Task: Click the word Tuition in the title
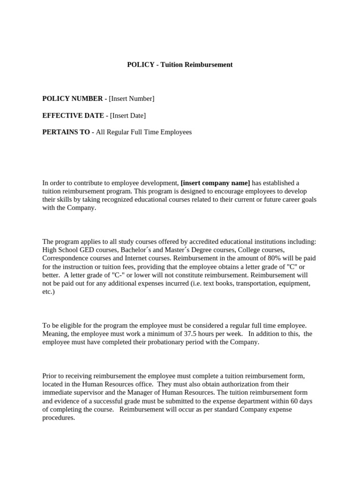[x=172, y=65]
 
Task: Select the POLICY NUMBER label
[x=72, y=98]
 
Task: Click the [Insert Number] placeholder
[x=131, y=98]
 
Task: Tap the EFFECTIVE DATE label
[x=74, y=115]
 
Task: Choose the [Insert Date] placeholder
[x=127, y=115]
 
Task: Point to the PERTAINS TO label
[x=66, y=132]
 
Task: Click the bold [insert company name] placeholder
[x=215, y=183]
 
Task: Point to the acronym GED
[x=87, y=250]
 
